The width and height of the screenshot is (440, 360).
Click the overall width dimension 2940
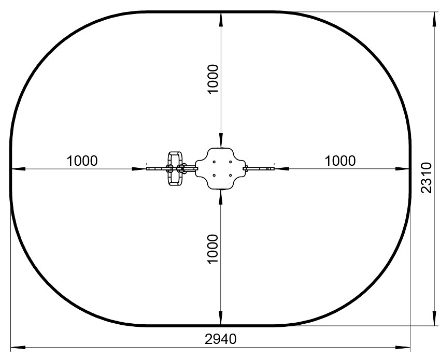(x=221, y=339)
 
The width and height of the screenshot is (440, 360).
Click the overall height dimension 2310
(x=426, y=178)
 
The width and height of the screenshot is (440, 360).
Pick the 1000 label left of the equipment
(x=82, y=161)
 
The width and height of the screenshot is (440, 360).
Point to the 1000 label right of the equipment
(x=340, y=161)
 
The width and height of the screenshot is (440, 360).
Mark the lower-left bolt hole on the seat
(x=214, y=175)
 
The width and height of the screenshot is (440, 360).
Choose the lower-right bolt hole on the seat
(x=230, y=175)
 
